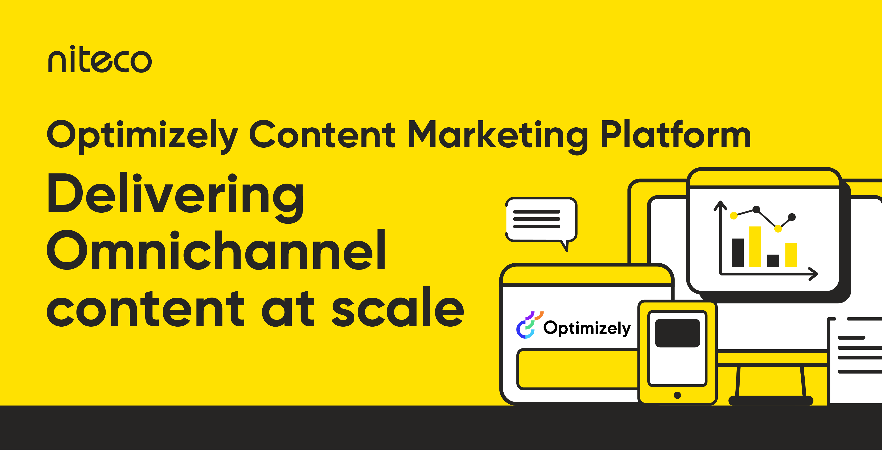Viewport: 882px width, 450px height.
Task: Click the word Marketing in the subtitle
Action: tap(498, 135)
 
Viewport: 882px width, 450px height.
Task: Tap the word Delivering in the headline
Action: tap(175, 195)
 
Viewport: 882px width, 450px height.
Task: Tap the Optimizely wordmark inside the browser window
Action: tap(587, 328)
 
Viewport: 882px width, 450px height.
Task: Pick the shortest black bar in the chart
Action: tap(773, 261)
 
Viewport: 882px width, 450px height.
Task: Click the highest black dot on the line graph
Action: tap(756, 209)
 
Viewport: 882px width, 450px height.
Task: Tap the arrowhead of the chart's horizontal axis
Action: tap(814, 274)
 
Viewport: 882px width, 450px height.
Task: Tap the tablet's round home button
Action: tap(677, 395)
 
